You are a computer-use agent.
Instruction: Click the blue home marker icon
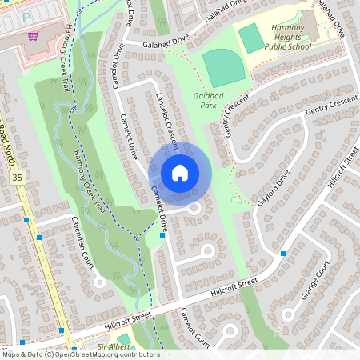coord(180,172)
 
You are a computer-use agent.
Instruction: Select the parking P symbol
coord(26,15)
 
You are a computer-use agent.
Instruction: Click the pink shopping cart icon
coord(33,35)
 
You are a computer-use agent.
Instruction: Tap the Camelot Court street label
coord(194,326)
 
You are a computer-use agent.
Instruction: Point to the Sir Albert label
coord(113,346)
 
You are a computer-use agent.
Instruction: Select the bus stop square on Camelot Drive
coord(162,235)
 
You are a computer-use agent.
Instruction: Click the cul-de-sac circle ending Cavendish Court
coord(99,282)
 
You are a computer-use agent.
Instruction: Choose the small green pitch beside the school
coord(250,38)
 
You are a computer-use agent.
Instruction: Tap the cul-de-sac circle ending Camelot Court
coord(230,330)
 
